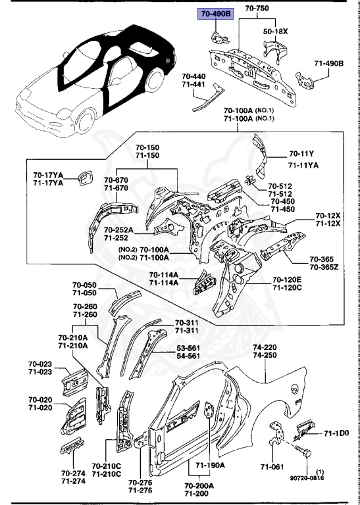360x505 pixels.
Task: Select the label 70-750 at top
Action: [257, 8]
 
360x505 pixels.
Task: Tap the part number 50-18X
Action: [277, 31]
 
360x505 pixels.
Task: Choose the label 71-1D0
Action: [336, 433]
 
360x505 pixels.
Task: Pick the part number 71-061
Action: [272, 467]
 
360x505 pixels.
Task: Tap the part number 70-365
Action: [322, 259]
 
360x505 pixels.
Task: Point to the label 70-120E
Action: [288, 279]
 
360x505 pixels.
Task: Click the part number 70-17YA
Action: [48, 175]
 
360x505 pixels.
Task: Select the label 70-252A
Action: [118, 229]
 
